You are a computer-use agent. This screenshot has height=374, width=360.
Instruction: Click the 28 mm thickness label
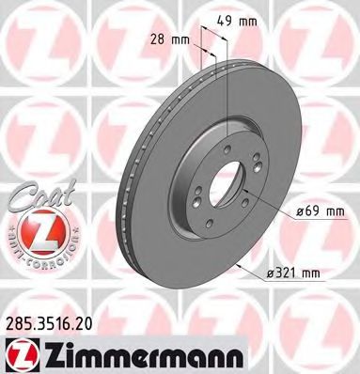[171, 39]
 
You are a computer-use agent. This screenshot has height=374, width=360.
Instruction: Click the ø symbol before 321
[269, 273]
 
